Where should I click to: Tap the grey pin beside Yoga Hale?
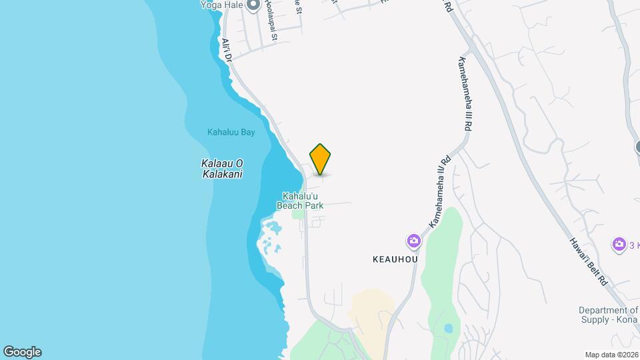click(253, 6)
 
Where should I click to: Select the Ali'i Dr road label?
click(226, 51)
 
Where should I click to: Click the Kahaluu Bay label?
click(231, 132)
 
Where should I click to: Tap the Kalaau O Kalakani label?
click(221, 169)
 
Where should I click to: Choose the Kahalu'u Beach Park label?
click(303, 201)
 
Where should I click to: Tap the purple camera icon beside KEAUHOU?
click(414, 241)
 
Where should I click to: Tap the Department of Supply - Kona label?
click(609, 315)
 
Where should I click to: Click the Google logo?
click(22, 352)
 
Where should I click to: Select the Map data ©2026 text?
click(611, 355)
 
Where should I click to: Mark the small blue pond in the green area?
click(447, 328)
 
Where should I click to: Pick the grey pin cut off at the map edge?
click(637, 147)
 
